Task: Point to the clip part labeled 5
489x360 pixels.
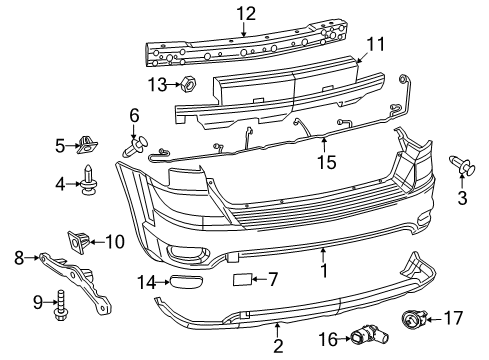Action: pos(86,147)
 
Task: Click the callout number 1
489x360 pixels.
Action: pos(322,269)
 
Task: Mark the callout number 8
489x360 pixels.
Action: pos(18,257)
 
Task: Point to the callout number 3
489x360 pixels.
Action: pos(462,199)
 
